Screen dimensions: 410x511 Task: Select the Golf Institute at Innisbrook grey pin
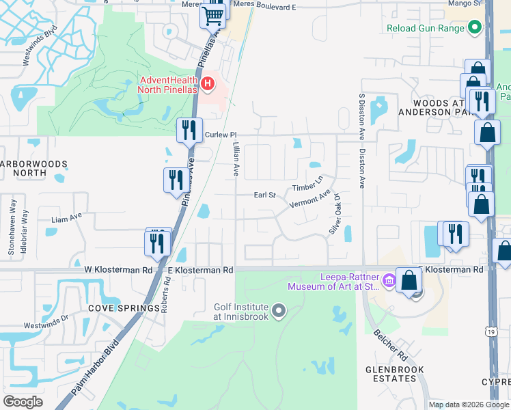(278, 312)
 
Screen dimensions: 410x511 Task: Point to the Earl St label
(264, 195)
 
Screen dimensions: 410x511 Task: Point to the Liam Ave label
(67, 220)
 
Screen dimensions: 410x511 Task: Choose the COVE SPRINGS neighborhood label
(124, 308)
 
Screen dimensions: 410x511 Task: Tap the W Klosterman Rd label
(118, 271)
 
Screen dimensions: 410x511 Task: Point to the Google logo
(23, 401)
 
